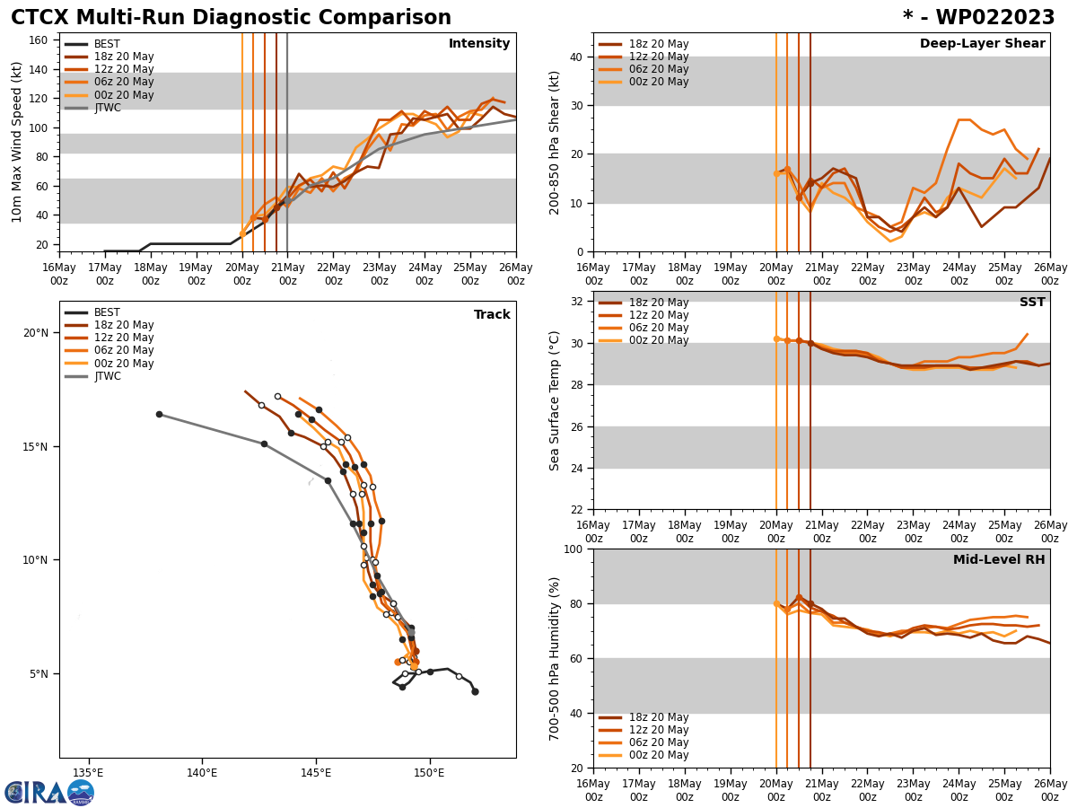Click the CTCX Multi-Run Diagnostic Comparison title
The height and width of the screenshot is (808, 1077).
(231, 18)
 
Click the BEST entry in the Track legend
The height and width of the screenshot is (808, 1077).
(107, 312)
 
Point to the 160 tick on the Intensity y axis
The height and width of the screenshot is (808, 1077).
(39, 40)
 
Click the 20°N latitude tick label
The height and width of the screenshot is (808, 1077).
(36, 333)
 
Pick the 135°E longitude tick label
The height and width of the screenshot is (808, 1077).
(88, 772)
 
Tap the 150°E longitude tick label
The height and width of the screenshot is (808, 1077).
(429, 772)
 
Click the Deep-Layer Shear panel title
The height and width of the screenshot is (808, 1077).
(982, 44)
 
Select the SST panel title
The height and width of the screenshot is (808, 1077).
(1031, 303)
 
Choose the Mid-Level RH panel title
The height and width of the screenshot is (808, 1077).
(999, 560)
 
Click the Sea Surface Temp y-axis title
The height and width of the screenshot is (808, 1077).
(556, 400)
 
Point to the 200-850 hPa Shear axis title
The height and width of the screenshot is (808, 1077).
(556, 142)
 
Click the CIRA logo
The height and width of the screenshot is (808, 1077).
(49, 793)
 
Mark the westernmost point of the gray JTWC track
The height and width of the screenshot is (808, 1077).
(159, 414)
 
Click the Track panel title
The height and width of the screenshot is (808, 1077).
(492, 315)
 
